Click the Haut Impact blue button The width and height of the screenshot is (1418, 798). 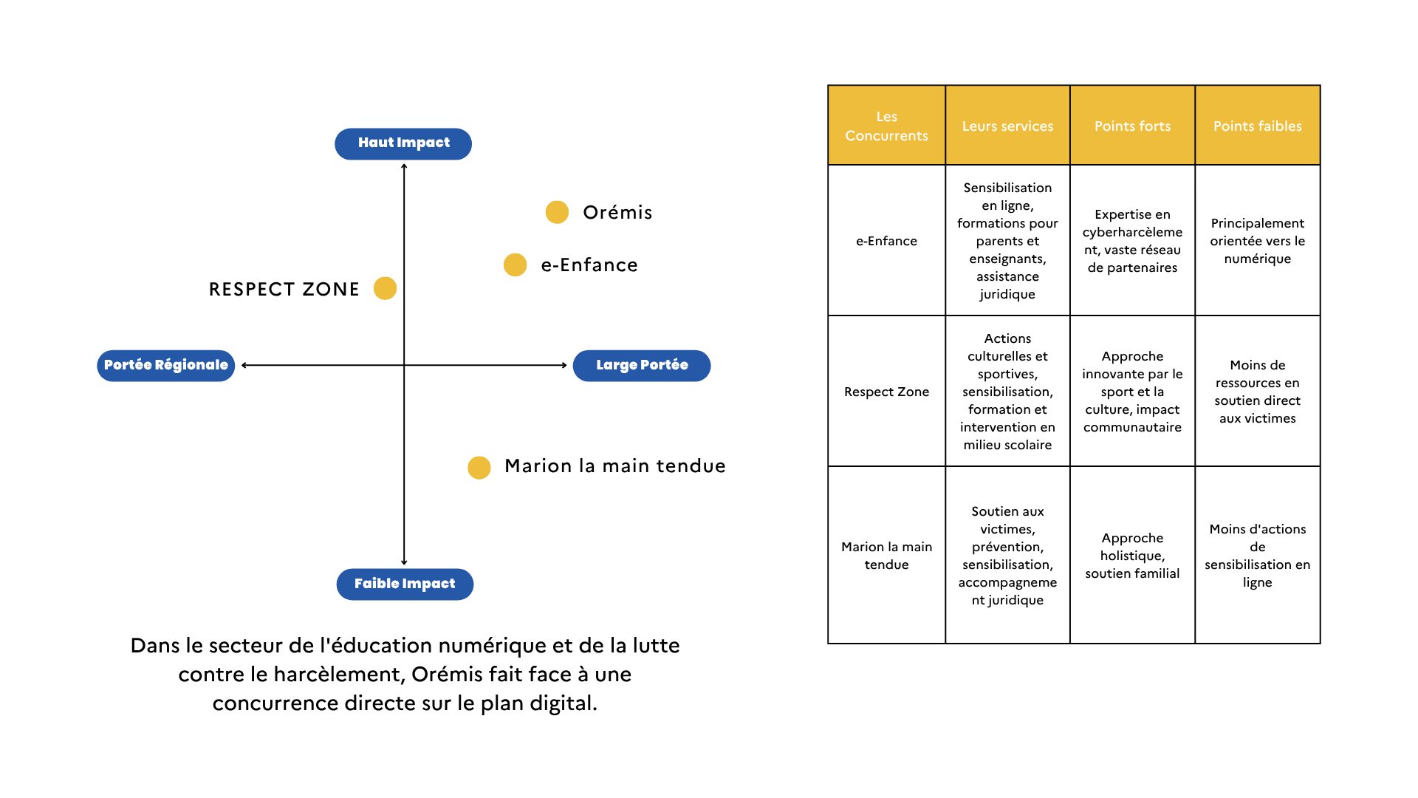403,143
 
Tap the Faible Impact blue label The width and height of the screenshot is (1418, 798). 405,584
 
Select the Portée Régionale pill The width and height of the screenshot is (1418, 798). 166,365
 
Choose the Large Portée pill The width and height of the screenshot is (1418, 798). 642,365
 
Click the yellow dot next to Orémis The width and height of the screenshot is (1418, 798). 557,212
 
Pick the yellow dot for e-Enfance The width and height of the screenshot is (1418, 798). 515,265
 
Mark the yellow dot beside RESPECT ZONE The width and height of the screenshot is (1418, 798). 385,288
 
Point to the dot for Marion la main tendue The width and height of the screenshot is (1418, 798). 479,467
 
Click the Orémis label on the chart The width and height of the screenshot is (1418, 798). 617,213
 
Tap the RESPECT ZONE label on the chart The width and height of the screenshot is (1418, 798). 284,289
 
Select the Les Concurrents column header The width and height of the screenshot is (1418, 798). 886,126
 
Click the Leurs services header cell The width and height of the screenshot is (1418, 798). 1007,126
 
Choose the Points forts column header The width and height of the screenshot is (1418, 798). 1132,126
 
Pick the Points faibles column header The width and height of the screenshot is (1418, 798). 1258,126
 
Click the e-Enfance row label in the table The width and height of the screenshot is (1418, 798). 886,241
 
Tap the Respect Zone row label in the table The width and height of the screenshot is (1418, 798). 886,392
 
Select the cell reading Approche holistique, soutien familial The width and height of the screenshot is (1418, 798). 1132,555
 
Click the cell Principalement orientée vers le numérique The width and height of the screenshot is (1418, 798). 1258,240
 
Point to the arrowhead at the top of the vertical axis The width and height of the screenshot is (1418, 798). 404,166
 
